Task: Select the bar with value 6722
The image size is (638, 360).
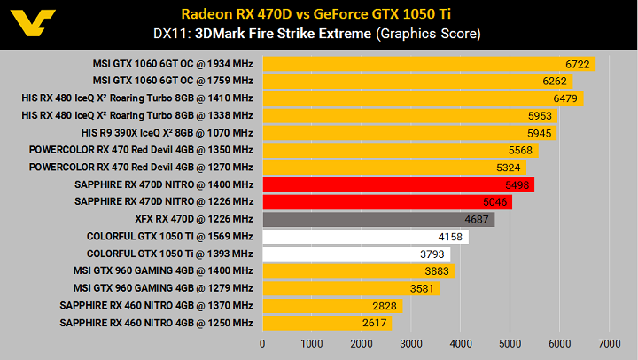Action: pyautogui.click(x=428, y=64)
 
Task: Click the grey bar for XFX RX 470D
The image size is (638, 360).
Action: pyautogui.click(x=377, y=219)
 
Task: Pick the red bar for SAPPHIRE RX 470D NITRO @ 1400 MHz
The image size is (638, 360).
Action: pyautogui.click(x=398, y=184)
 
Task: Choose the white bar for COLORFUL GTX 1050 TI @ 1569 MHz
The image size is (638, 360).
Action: pyautogui.click(x=365, y=237)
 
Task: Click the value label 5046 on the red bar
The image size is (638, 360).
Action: pyautogui.click(x=494, y=202)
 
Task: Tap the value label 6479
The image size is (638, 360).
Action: pyautogui.click(x=564, y=98)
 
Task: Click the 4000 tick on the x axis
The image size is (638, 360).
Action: pyautogui.click(x=460, y=343)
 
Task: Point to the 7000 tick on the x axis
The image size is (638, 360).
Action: pyautogui.click(x=609, y=343)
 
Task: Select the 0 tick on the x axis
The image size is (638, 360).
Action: pyautogui.click(x=262, y=343)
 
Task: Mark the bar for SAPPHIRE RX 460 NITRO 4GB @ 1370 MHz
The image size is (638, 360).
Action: pyautogui.click(x=332, y=306)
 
